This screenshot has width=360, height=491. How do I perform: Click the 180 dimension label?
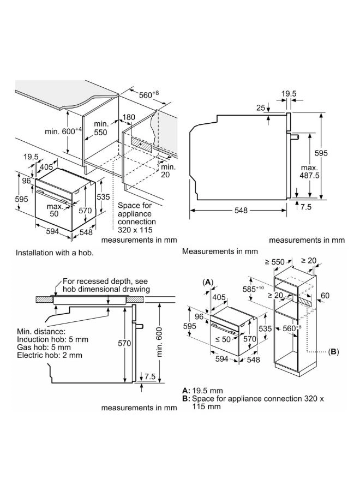tap(129, 117)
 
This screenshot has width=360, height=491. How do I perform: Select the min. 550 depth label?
tap(100, 128)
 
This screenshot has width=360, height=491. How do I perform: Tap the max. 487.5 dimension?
tap(309, 172)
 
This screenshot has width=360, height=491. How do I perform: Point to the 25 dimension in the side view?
tap(261, 108)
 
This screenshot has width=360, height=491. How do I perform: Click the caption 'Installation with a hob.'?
tap(55, 253)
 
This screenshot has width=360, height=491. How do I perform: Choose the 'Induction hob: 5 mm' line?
tap(52, 339)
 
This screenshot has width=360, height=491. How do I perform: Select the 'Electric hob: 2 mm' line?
tap(50, 355)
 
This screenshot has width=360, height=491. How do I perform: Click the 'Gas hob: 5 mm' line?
tap(44, 348)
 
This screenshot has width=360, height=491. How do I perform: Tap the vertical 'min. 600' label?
tap(159, 342)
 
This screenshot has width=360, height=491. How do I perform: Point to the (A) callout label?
tap(208, 282)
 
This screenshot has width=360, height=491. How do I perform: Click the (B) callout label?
tap(333, 352)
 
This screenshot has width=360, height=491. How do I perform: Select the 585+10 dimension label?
tap(253, 289)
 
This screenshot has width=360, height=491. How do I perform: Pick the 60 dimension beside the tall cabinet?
tap(325, 296)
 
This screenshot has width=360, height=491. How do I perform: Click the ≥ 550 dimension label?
tap(274, 262)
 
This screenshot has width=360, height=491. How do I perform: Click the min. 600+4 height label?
tap(63, 131)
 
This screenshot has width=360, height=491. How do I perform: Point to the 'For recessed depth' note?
tap(106, 285)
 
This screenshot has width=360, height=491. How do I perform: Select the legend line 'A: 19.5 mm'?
tap(202, 391)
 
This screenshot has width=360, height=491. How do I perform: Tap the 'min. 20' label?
tap(168, 170)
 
